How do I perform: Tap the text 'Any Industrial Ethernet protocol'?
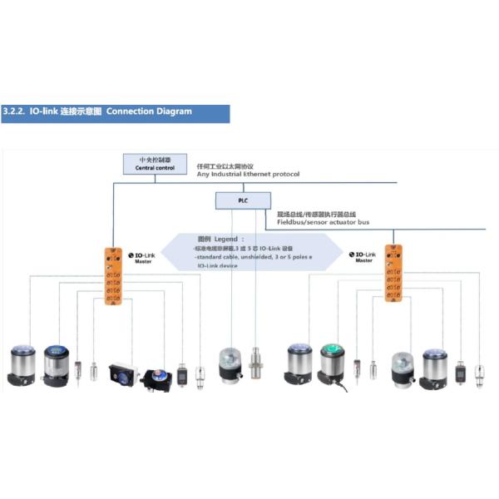pyautogui.click(x=247, y=174)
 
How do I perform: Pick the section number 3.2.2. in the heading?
pyautogui.click(x=15, y=111)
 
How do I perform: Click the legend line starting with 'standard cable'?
pyautogui.click(x=240, y=257)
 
